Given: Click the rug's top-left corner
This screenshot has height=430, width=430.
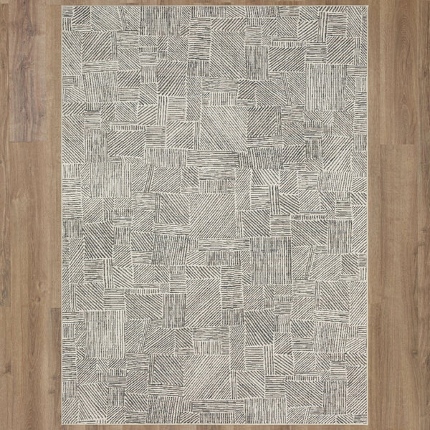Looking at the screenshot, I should pyautogui.click(x=62, y=6).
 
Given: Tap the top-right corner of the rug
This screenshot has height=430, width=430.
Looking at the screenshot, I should pyautogui.click(x=368, y=6).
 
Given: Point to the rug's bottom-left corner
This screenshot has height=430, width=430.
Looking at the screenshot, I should pyautogui.click(x=62, y=424).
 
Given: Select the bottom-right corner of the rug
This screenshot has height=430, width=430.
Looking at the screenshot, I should pyautogui.click(x=368, y=424).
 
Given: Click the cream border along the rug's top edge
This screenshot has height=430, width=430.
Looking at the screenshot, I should pyautogui.click(x=215, y=7).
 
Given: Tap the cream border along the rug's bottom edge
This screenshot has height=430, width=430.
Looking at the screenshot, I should pyautogui.click(x=215, y=424).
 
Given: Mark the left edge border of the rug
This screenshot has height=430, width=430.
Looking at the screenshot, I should pyautogui.click(x=63, y=215).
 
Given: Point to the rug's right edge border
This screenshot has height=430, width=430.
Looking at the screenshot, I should pyautogui.click(x=368, y=215).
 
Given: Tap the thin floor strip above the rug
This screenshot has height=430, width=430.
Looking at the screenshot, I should pyautogui.click(x=215, y=2).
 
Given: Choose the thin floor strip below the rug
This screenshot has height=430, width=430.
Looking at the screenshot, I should pyautogui.click(x=215, y=428).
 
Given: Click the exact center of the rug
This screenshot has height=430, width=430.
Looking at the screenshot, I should pyautogui.click(x=215, y=215).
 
